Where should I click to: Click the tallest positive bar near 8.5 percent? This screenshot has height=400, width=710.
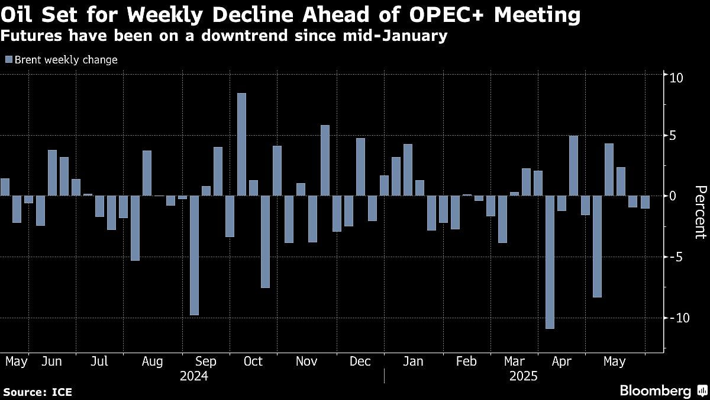[241, 144]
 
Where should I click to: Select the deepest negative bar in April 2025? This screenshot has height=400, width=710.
[550, 262]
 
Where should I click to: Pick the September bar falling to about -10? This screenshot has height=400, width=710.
[194, 255]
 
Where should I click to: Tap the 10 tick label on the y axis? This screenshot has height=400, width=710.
[676, 78]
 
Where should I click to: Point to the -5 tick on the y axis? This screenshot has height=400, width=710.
[674, 257]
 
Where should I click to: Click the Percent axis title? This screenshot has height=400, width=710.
[700, 212]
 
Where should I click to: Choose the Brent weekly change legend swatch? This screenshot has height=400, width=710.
[8, 60]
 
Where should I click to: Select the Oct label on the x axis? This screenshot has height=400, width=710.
[253, 361]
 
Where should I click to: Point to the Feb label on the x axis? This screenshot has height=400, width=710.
[466, 361]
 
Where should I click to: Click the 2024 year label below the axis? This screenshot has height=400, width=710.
[193, 376]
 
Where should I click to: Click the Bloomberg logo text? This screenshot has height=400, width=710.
[655, 391]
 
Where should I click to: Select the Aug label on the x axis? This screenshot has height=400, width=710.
[153, 361]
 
